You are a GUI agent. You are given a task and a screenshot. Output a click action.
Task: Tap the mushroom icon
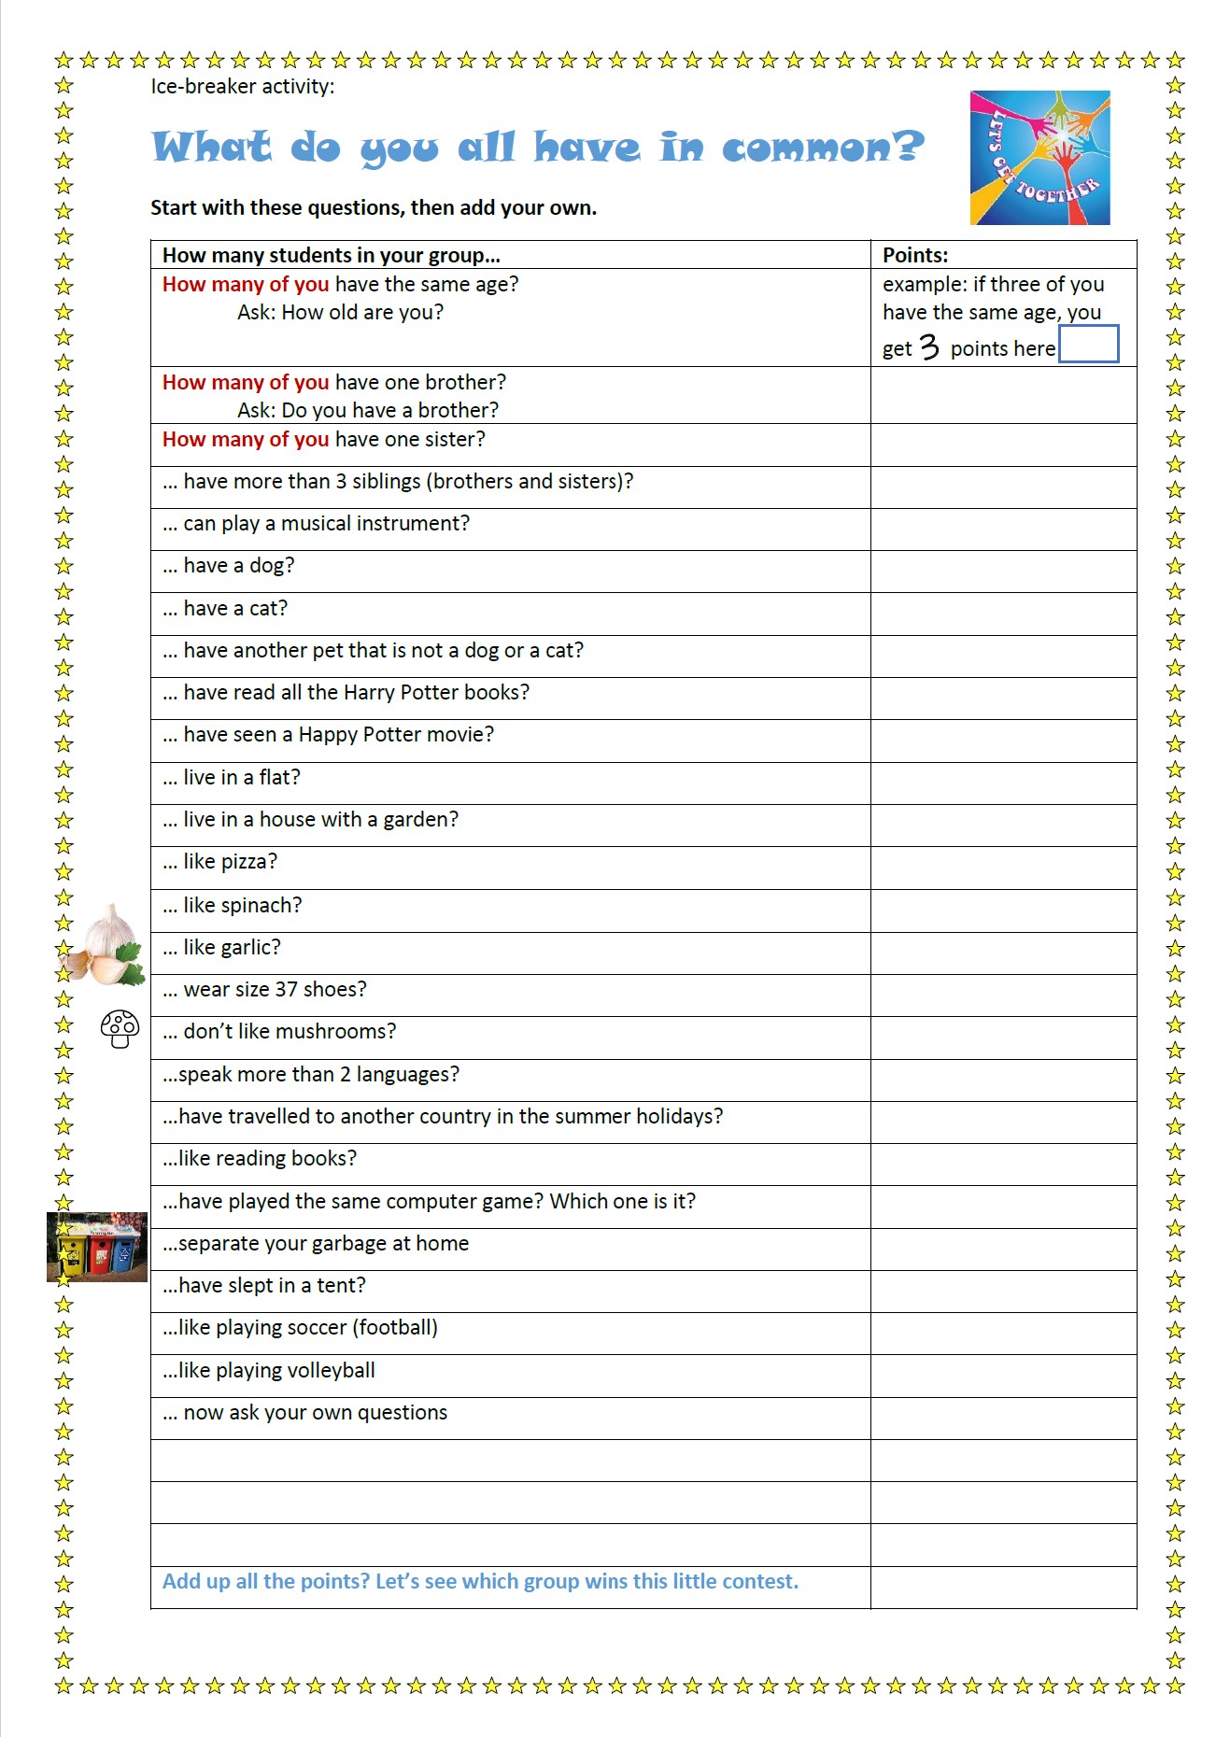[x=120, y=1028]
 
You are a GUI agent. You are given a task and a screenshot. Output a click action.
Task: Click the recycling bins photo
[x=97, y=1247]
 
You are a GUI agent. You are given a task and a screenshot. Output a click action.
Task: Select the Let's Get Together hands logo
[x=1039, y=158]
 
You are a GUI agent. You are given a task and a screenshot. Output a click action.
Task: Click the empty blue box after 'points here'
[x=1088, y=344]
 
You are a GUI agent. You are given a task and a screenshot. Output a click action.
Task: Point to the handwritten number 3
[x=928, y=347]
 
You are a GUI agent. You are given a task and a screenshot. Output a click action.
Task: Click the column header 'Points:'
[x=915, y=255]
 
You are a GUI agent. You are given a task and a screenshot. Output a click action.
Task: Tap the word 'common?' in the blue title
[x=822, y=148]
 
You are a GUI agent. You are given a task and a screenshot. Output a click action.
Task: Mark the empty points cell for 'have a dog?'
[x=1003, y=571]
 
